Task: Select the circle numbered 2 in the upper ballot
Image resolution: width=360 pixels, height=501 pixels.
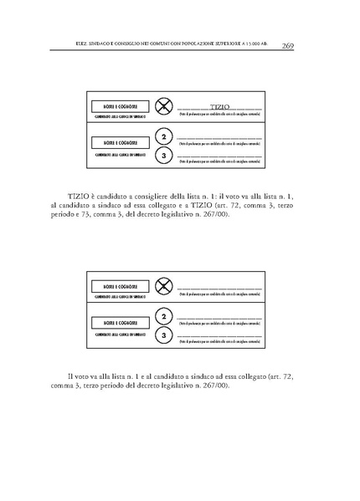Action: pyautogui.click(x=164, y=137)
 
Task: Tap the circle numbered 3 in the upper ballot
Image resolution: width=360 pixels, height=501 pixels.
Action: pyautogui.click(x=164, y=156)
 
